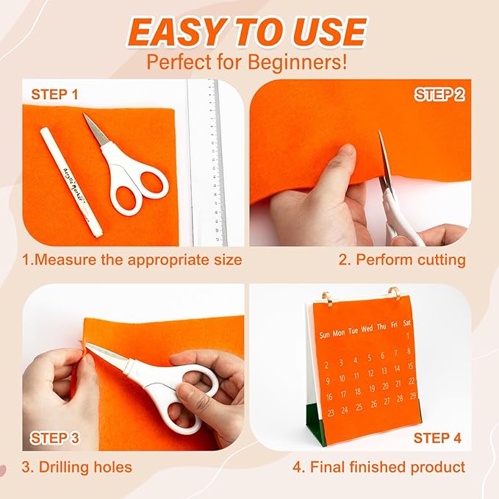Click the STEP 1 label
click(x=55, y=94)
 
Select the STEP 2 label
click(x=439, y=94)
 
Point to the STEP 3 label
click(x=55, y=439)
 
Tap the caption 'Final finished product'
click(x=378, y=467)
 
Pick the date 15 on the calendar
click(x=410, y=367)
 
